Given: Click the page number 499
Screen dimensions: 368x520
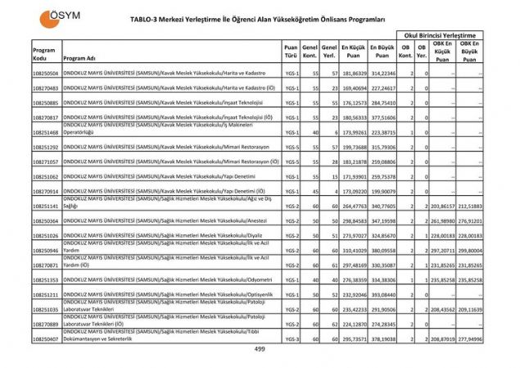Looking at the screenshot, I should pyautogui.click(x=260, y=349).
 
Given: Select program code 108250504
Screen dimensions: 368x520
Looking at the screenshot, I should pyautogui.click(x=45, y=74).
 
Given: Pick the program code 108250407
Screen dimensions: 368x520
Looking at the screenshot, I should pyautogui.click(x=45, y=338).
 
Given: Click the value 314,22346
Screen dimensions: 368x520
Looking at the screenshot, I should pyautogui.click(x=382, y=74).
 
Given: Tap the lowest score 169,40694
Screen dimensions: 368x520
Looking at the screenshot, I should pyautogui.click(x=353, y=88).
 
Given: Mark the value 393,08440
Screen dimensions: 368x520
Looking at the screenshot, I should pyautogui.click(x=382, y=293).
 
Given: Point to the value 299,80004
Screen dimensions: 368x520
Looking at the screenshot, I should pyautogui.click(x=471, y=250).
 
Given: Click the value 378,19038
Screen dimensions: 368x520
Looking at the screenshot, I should pyautogui.click(x=382, y=338).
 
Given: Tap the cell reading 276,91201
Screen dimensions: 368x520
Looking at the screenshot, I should pyautogui.click(x=471, y=220).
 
